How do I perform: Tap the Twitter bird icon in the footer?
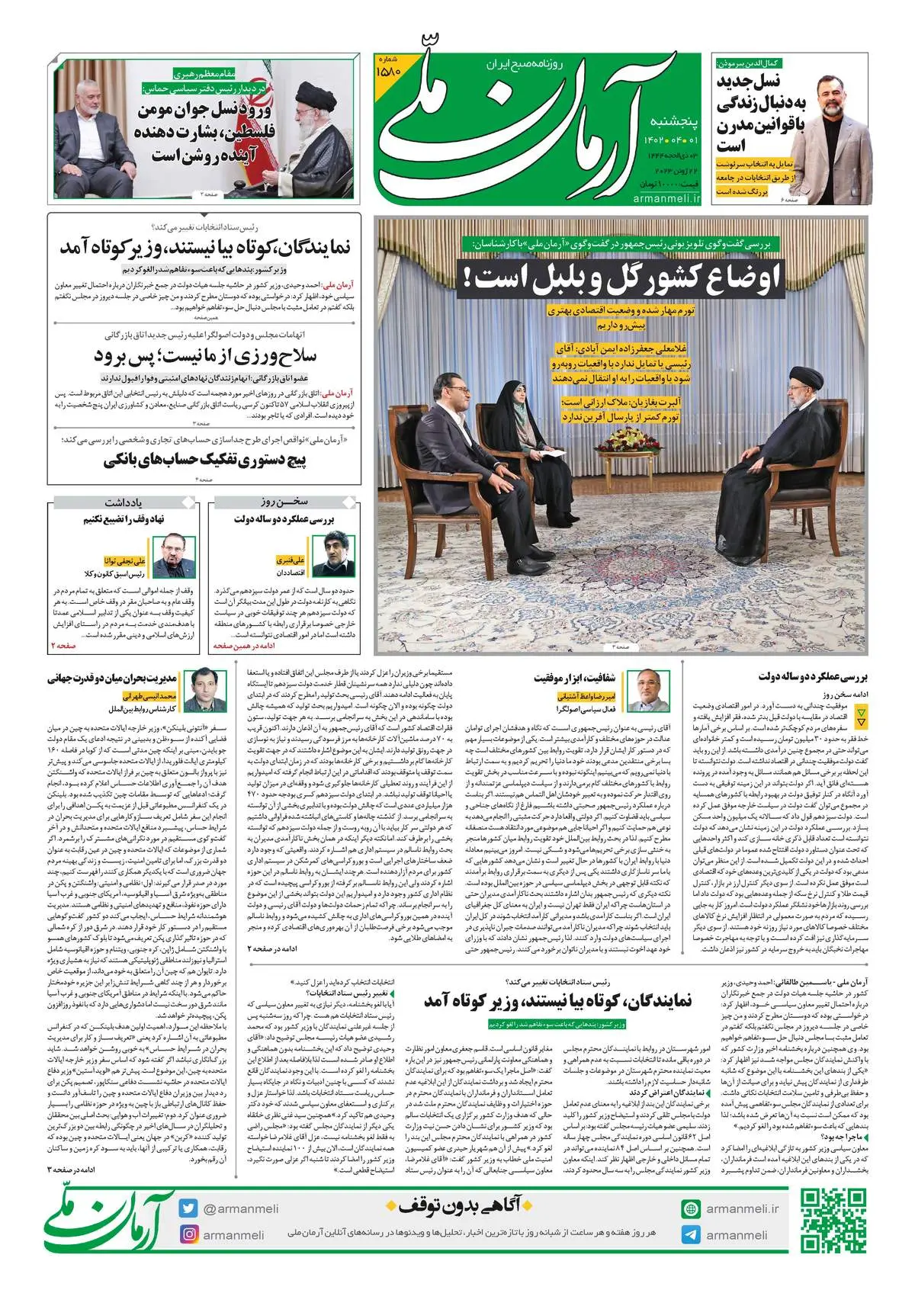(189, 1208)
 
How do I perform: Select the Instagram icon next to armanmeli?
(189, 1234)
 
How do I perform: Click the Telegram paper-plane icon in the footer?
(691, 1234)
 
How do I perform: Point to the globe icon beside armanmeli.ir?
(691, 1208)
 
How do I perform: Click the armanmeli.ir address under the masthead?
(666, 198)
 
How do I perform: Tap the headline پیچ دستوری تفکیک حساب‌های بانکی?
(204, 460)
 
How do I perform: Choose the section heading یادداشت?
(124, 502)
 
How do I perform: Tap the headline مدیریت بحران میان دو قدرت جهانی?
(112, 678)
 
